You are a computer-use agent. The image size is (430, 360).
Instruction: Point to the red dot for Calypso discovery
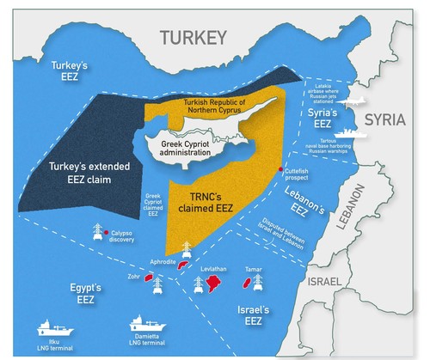[105, 233]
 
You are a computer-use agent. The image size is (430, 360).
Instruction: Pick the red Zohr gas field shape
[148, 278]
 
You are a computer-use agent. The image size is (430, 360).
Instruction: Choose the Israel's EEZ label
[253, 314]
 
